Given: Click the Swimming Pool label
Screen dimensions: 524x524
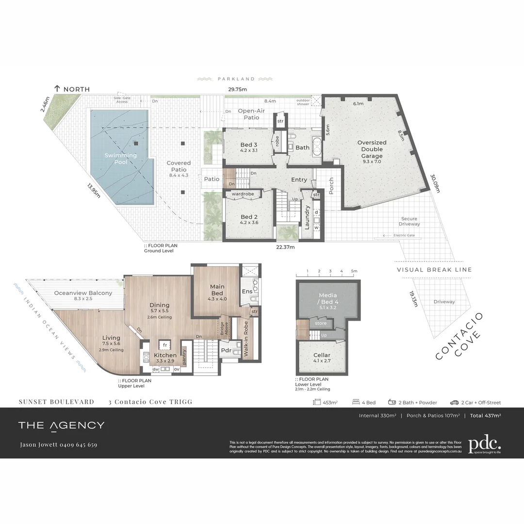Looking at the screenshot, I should click(121, 159).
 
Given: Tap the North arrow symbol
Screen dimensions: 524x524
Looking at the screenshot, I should click(57, 88).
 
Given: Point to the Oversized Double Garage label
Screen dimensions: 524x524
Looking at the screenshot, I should click(372, 149).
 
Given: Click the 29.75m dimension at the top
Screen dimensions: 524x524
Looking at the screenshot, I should click(238, 89).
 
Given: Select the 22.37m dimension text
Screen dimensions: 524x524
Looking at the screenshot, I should click(285, 247).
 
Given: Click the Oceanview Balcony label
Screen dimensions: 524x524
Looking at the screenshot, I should click(83, 293).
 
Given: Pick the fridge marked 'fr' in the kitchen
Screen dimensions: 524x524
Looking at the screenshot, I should click(165, 345).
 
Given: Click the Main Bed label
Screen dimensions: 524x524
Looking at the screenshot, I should click(217, 290).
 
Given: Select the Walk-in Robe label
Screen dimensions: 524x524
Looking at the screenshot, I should click(246, 340).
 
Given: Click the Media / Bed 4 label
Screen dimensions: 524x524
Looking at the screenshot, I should click(327, 298).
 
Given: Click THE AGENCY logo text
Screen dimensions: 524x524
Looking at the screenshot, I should click(61, 426).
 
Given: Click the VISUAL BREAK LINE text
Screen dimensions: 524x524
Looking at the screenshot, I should click(434, 270).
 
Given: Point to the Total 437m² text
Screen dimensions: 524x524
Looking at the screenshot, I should click(485, 415).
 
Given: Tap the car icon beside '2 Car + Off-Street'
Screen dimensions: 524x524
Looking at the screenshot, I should click(454, 402).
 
